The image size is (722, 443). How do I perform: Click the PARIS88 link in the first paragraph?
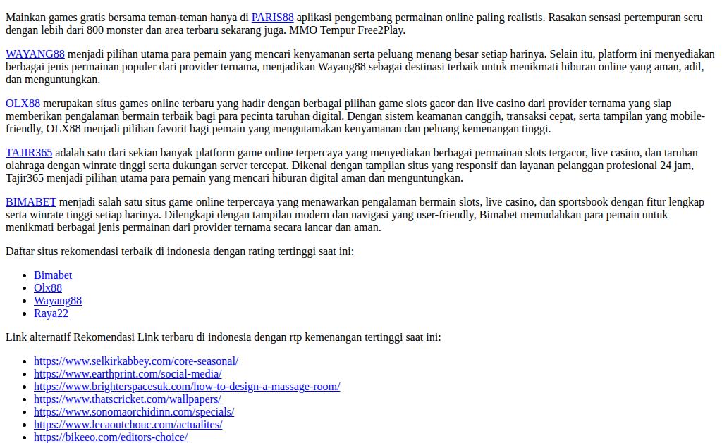(272, 18)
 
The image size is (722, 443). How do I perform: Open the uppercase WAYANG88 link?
(35, 54)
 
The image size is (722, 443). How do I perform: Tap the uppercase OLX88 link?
(23, 104)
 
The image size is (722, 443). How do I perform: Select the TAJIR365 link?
(29, 153)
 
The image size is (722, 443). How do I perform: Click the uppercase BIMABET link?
(31, 202)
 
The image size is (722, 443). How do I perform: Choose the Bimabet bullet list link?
(53, 275)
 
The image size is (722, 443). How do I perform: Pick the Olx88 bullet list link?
(48, 288)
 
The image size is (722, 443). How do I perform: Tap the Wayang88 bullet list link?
(58, 301)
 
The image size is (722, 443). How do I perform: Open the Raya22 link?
(51, 313)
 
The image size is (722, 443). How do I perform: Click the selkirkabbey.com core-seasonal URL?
(136, 361)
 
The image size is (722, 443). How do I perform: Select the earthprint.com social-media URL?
(128, 374)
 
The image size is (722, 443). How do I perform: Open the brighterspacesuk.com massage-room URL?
(187, 387)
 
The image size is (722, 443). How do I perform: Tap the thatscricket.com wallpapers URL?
(128, 399)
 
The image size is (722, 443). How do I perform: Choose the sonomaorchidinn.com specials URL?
(134, 412)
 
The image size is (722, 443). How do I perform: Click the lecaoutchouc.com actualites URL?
(128, 425)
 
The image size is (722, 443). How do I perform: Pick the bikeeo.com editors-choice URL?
(111, 437)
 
